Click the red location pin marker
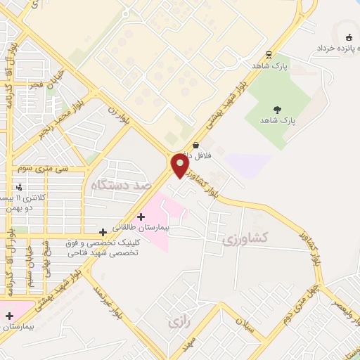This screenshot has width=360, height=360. [180, 166]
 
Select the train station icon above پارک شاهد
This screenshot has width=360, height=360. [269, 55]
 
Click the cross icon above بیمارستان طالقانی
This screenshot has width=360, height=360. [141, 216]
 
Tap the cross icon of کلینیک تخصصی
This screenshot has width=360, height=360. [103, 231]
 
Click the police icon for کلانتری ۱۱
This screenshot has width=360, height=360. [19, 187]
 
